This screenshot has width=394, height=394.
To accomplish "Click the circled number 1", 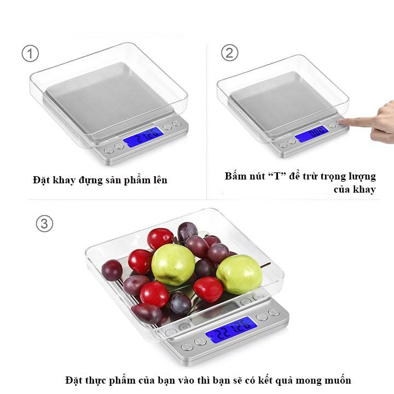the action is point(30,53).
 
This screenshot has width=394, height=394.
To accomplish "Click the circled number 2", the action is point(229,53).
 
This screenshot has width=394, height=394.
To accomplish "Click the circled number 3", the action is point(44,223).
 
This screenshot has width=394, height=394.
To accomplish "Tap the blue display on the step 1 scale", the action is point(143,137).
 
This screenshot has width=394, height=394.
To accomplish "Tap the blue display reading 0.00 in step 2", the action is point(312,134).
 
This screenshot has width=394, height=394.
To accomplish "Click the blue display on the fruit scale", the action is point(231,327).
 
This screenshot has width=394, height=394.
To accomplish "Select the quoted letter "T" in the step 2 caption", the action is point(277,176).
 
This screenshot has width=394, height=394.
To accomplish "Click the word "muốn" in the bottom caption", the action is point(338,380).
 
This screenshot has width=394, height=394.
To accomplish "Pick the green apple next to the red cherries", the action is point(173,264).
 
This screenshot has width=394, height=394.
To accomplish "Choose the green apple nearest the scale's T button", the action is point(240,274).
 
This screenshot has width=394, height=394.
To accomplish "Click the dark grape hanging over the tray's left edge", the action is point(112,270).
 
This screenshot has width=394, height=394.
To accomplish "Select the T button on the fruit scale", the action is point(274,312).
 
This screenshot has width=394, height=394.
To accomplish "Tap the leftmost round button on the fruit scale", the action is point(188,347).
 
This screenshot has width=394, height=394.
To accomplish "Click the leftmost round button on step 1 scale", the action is point(109,150).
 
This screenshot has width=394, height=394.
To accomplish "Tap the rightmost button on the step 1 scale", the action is point(177,123).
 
